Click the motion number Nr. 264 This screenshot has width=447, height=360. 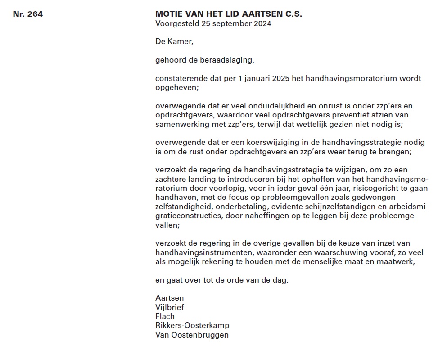[28, 14]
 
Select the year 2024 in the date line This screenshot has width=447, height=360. [262, 23]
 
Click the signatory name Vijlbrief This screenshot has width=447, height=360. [170, 307]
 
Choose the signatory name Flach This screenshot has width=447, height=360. [165, 316]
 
